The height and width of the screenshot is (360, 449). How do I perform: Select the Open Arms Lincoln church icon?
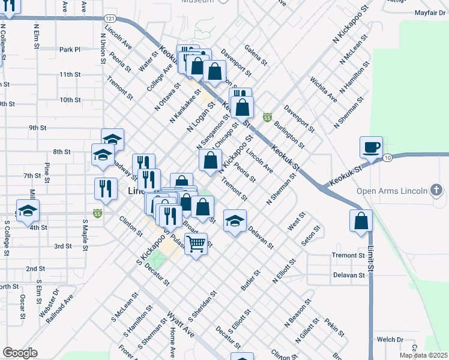coord(437,191)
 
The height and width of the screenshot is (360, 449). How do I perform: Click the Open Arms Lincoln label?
coord(391,191)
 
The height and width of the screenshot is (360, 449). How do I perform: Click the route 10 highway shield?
coord(388,157)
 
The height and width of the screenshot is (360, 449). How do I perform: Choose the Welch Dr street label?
coord(390,340)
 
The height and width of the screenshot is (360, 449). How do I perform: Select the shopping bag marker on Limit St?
coord(360,220)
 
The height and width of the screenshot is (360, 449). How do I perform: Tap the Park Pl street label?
coord(70,49)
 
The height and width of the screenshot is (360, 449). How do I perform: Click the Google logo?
coord(20,353)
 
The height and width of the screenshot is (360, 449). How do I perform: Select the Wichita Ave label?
coord(324,88)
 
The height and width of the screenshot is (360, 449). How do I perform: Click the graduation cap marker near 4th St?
coord(28,211)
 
